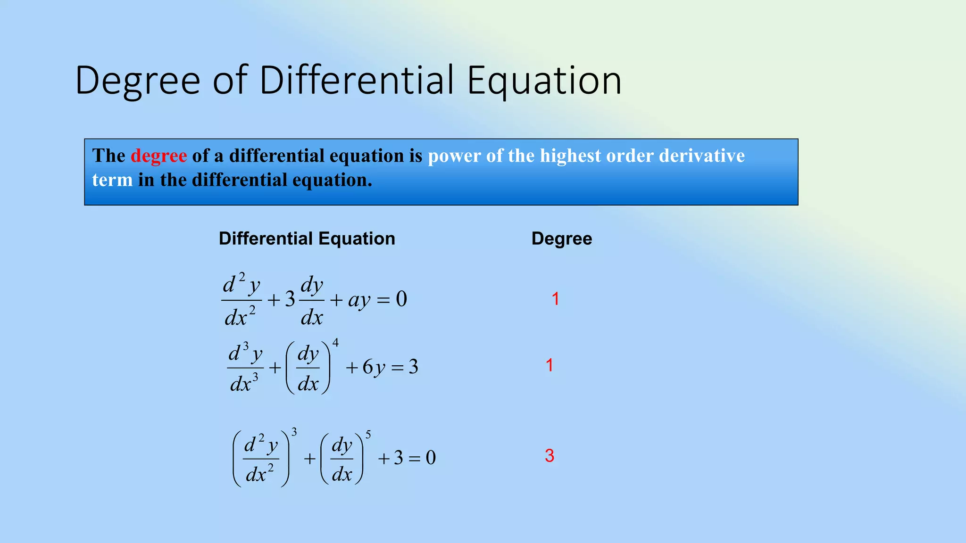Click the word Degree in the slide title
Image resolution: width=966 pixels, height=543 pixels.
coord(138,81)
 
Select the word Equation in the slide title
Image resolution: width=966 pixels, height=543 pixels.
coord(544,81)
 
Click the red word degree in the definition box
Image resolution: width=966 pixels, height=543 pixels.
coord(158,156)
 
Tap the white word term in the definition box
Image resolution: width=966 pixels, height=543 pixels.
coord(112,180)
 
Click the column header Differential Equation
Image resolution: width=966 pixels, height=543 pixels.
coord(307,239)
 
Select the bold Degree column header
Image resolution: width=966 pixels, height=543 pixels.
coord(561,239)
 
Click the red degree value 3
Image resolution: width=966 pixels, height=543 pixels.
coord(550,456)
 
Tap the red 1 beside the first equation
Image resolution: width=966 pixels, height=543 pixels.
coord(556,299)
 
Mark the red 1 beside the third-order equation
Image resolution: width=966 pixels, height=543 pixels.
coord(550,365)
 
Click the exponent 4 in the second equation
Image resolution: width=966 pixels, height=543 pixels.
coord(335,343)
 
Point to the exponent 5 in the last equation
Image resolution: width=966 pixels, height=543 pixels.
coord(368,434)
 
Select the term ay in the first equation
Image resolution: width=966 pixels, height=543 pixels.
coord(359,300)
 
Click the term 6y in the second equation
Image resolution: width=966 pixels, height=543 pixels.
coord(374,367)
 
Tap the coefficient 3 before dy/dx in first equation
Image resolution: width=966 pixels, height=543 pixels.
coord(290,299)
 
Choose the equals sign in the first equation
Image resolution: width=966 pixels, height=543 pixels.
coord(383,300)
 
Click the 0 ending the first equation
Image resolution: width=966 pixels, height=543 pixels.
coord(401,299)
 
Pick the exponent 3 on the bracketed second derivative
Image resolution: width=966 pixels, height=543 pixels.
coord(294,432)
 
